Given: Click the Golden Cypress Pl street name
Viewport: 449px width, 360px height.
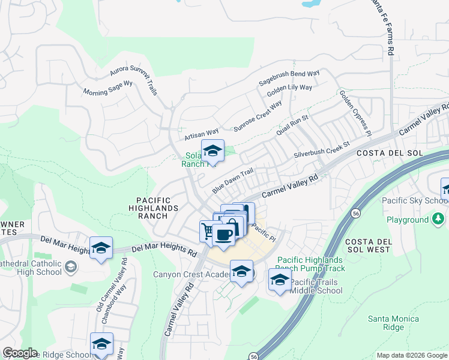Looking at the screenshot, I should pyautogui.click(x=355, y=113).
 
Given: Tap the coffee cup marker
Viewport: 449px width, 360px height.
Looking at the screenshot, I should pyautogui.click(x=223, y=235).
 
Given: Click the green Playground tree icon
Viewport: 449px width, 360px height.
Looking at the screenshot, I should pyautogui.click(x=439, y=220).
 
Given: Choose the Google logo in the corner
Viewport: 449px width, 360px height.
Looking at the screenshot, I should pyautogui.click(x=20, y=353).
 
